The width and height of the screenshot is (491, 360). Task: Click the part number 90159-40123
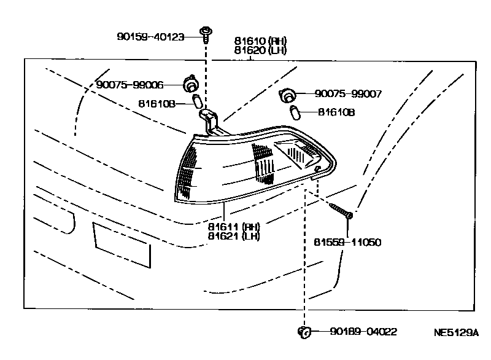(150, 37)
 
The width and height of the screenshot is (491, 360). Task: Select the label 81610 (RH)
(260, 41)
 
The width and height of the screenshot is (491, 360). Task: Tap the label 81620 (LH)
(260, 51)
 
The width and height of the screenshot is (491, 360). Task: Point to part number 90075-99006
(130, 85)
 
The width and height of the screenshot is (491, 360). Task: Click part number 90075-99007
(349, 94)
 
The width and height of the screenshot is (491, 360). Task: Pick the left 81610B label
(157, 104)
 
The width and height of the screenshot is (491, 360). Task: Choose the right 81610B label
(336, 112)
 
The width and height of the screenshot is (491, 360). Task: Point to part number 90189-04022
(363, 332)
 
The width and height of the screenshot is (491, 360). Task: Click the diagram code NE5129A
(455, 333)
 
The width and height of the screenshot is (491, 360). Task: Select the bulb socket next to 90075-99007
(287, 95)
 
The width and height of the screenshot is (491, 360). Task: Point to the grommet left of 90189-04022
(303, 332)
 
